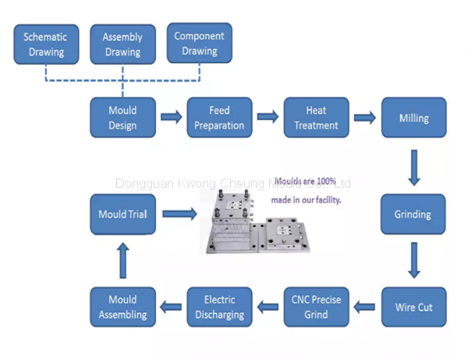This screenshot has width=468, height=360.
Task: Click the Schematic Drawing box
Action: pyautogui.click(x=45, y=44)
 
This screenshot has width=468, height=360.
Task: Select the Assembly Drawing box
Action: pyautogui.click(x=122, y=44)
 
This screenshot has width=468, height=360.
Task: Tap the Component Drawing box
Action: pyautogui.click(x=199, y=44)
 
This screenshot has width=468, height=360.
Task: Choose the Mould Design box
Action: pyautogui.click(x=122, y=118)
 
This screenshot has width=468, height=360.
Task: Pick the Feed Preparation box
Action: pyautogui.click(x=219, y=118)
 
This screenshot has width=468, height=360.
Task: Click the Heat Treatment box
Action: pyautogui.click(x=316, y=118)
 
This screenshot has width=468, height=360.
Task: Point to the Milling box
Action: pyautogui.click(x=413, y=118)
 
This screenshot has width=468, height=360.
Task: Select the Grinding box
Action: pyautogui.click(x=413, y=214)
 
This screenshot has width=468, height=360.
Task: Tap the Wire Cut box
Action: pyautogui.click(x=413, y=307)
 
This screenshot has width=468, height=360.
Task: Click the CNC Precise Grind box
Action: pyautogui.click(x=316, y=307)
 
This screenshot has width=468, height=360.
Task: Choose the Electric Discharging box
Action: pyautogui.click(x=220, y=307)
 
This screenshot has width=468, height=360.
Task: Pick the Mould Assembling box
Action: pyautogui.click(x=122, y=307)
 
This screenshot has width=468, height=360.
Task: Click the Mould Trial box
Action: pyautogui.click(x=122, y=214)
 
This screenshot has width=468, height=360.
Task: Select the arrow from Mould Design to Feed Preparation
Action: pyautogui.click(x=171, y=118)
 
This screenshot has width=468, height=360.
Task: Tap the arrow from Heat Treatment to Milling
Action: pyautogui.click(x=364, y=118)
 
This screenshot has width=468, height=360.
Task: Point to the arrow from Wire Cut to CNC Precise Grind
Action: pyautogui.click(x=365, y=307)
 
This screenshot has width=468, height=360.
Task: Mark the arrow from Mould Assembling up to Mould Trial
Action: pyautogui.click(x=122, y=260)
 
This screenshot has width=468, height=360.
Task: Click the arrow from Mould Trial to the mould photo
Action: pyautogui.click(x=179, y=213)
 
